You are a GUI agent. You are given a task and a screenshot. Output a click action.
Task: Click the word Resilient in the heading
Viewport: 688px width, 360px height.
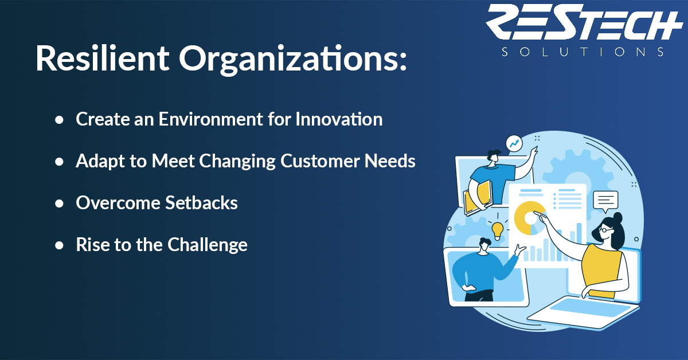[x=103, y=58]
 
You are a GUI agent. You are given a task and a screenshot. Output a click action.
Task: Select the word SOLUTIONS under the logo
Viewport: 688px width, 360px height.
[x=583, y=52]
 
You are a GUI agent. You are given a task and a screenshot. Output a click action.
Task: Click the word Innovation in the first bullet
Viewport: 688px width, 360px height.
[x=339, y=119]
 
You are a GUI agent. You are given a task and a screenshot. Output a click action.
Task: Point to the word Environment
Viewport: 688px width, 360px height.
[x=211, y=119]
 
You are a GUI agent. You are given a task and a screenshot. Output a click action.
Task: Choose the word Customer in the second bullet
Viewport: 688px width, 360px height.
[x=320, y=161]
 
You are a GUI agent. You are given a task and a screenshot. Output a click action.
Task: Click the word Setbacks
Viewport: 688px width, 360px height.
[x=201, y=202]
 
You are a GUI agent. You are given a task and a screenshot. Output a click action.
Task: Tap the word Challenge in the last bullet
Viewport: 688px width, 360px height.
[x=208, y=245]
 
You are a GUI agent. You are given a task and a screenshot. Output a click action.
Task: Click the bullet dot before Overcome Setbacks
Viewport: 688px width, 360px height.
[x=59, y=204]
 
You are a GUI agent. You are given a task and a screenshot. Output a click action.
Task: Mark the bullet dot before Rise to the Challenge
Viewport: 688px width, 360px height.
[x=59, y=245]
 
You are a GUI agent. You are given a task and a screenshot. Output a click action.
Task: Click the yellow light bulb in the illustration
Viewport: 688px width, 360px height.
[x=497, y=230]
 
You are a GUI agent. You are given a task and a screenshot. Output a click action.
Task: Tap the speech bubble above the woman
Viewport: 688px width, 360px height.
[x=605, y=202]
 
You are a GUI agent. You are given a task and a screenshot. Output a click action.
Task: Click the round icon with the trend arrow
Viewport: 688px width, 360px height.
[x=514, y=143]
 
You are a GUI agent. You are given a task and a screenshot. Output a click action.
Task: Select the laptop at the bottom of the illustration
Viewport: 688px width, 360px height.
[x=583, y=311]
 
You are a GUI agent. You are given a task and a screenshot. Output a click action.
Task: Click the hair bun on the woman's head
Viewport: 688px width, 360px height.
[x=617, y=218]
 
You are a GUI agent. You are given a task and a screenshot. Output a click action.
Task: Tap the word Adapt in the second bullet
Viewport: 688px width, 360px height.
[x=100, y=161]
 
